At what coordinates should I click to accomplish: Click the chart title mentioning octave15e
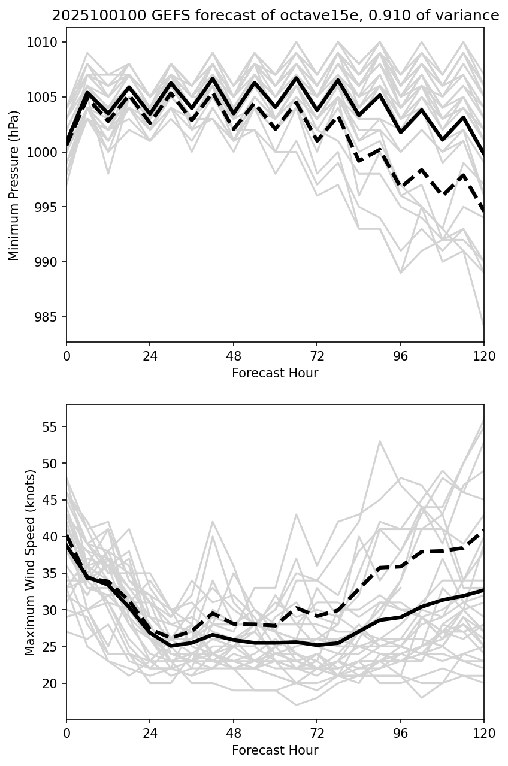click(275, 16)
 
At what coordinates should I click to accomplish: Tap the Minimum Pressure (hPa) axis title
click(14, 185)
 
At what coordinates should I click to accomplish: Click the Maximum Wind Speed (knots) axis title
click(30, 562)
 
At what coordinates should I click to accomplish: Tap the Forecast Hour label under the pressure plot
click(275, 373)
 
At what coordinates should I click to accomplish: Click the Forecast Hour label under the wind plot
click(275, 750)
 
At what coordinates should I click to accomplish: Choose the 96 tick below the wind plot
click(400, 732)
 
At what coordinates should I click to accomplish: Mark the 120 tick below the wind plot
click(483, 732)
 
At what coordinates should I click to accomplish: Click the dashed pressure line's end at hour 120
click(483, 211)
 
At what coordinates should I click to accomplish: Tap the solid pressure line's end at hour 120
click(483, 155)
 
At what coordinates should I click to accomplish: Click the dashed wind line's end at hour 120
click(483, 531)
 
